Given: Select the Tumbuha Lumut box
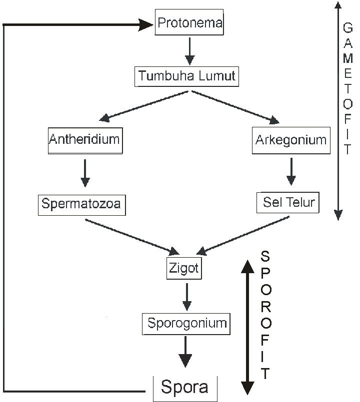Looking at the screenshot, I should click(x=186, y=77).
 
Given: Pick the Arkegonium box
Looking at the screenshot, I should click(x=290, y=141).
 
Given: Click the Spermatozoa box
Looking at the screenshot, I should click(x=81, y=204).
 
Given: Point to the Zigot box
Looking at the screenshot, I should click(x=183, y=269).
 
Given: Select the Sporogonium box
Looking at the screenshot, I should click(x=186, y=323).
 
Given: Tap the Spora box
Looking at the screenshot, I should click(x=184, y=387).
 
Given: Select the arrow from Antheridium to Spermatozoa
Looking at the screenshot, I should click(x=84, y=173).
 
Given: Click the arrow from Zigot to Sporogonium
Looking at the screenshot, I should click(x=186, y=297).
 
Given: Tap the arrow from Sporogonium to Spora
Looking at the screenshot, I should click(x=185, y=353).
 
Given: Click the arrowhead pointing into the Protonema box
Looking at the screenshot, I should click(x=145, y=23).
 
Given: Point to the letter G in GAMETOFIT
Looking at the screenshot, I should click(x=348, y=27).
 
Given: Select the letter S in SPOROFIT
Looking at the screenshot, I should click(x=265, y=256).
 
